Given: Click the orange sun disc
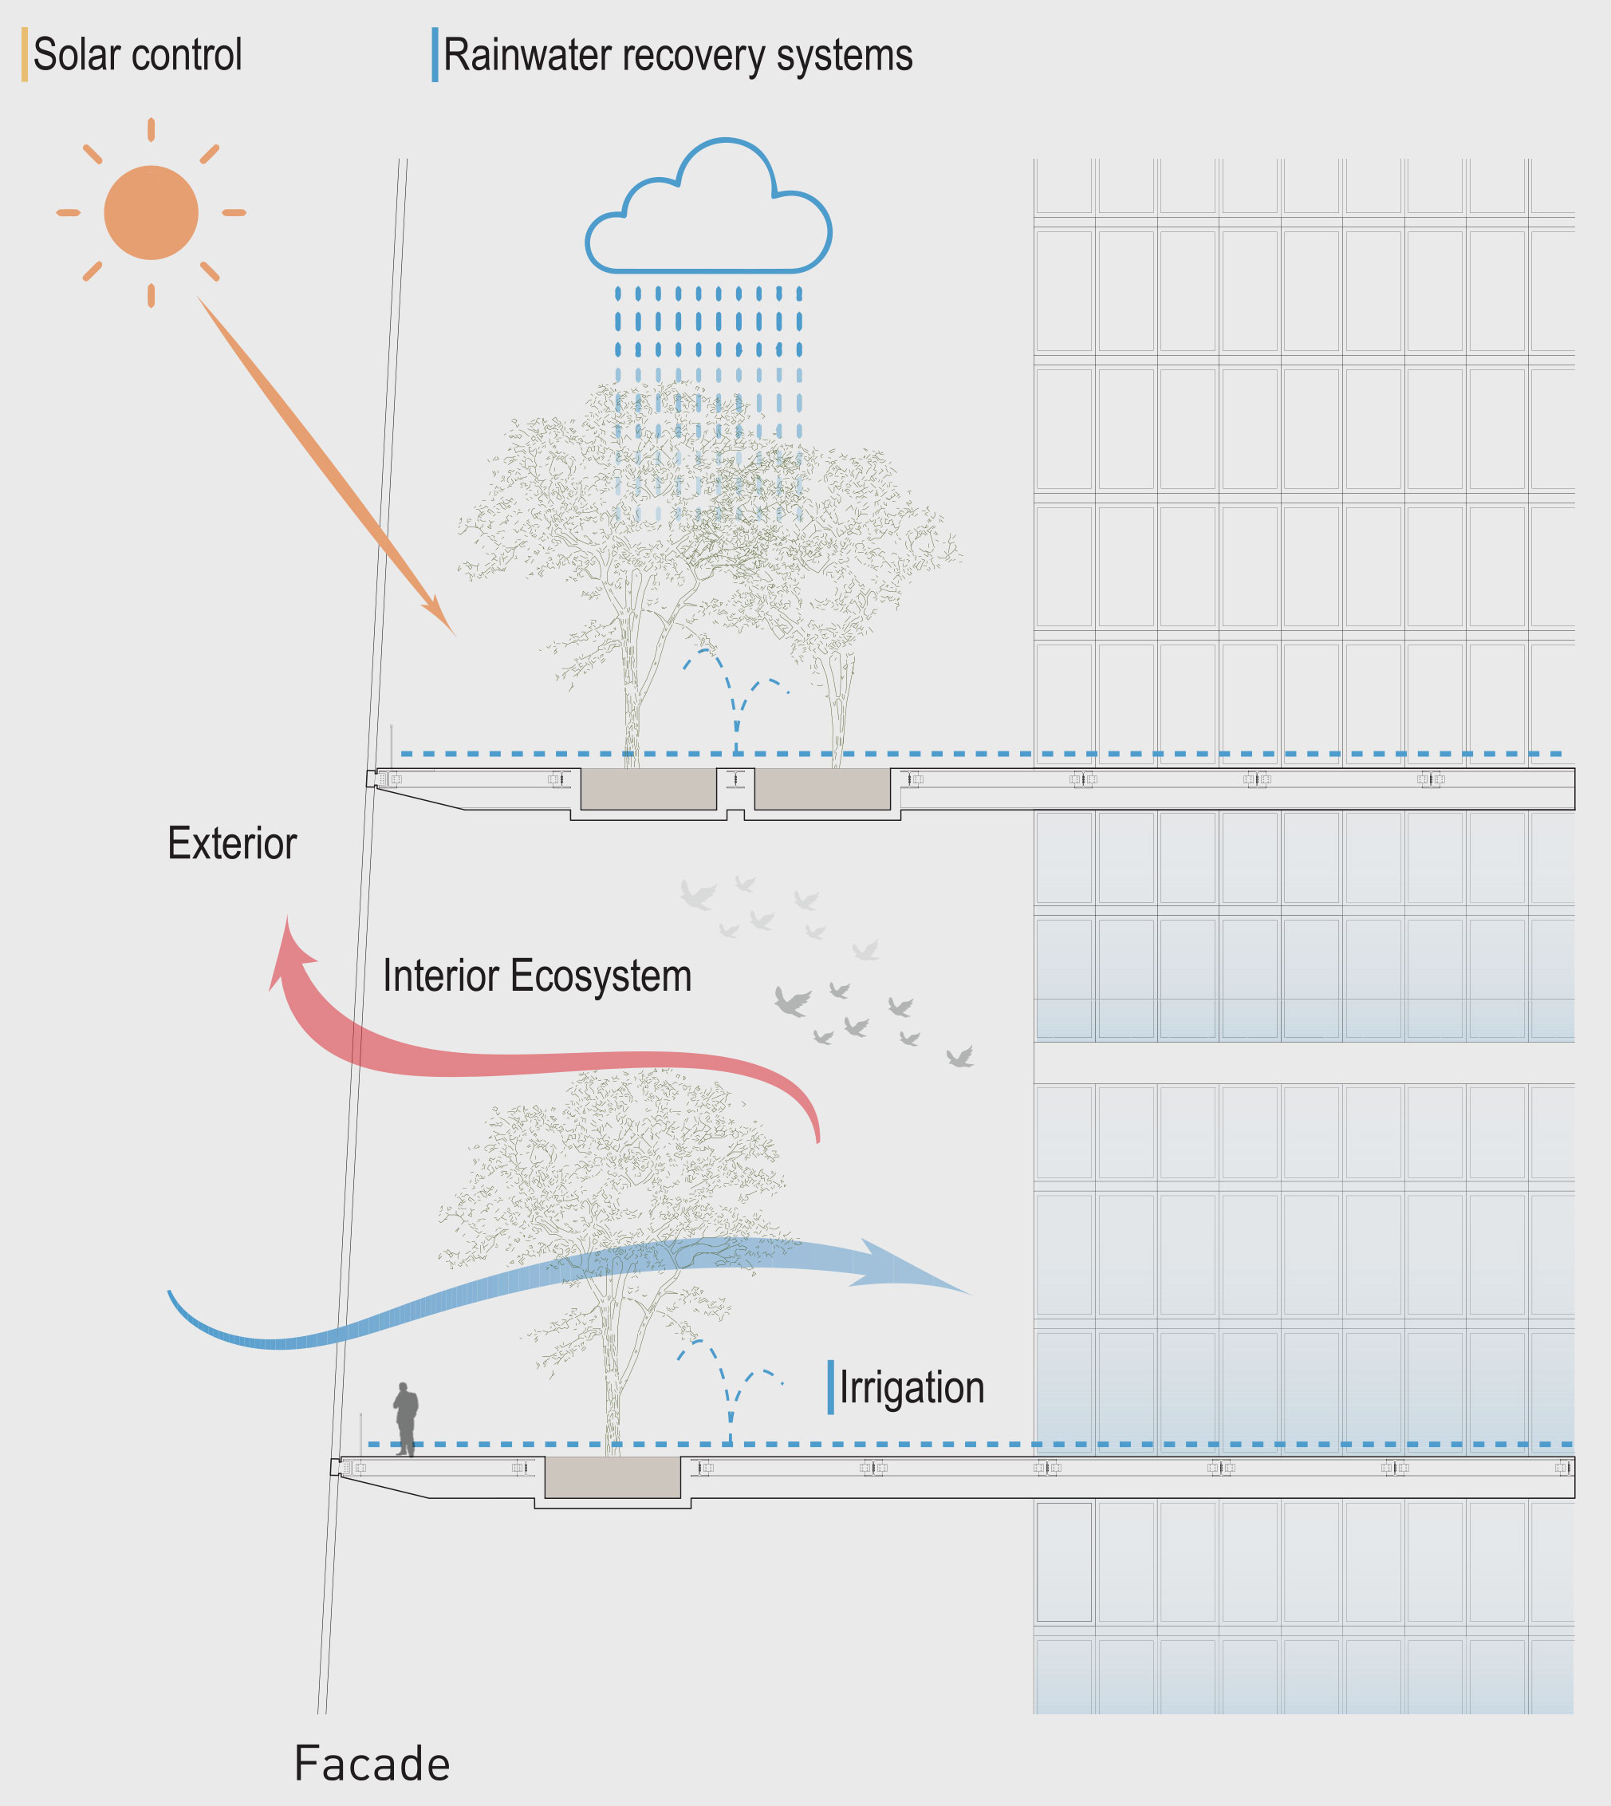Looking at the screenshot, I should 151,212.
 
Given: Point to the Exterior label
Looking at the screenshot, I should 232,844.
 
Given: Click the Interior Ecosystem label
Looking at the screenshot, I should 537,976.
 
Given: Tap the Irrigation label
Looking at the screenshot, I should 912,1387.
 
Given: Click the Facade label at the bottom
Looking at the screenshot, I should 372,1763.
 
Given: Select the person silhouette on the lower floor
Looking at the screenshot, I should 405,1419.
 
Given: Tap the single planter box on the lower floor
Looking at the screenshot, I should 612,1477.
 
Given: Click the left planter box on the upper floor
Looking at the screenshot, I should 648,788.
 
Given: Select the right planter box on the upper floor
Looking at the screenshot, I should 821,788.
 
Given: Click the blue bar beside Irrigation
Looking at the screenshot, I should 830,1386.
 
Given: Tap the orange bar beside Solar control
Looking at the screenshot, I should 25,55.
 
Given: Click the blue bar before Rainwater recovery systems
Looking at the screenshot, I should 435,55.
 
